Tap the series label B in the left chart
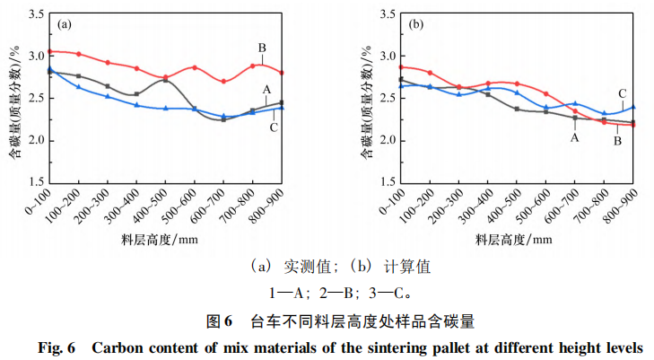click(x=262, y=48)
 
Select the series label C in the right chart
click(x=622, y=92)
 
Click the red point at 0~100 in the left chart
click(x=50, y=51)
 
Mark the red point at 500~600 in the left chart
click(x=195, y=67)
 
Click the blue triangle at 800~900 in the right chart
click(x=633, y=107)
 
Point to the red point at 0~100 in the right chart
click(x=401, y=66)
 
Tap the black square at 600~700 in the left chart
click(x=223, y=119)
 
